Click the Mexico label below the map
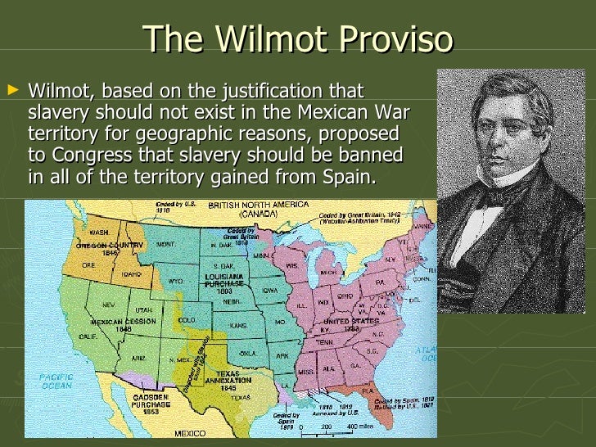click(191, 432)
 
